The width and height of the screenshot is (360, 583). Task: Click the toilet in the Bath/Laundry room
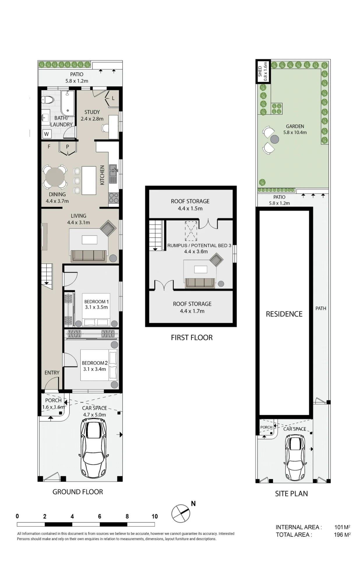point(48,100)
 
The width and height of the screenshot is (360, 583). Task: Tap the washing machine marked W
point(46,134)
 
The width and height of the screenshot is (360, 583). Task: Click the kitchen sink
point(113,174)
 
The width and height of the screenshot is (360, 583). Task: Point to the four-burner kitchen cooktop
point(114,198)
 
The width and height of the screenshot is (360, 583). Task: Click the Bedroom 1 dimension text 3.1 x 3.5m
point(96,307)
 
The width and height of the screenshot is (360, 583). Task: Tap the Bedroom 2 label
point(95,363)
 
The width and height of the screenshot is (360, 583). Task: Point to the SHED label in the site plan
point(260,71)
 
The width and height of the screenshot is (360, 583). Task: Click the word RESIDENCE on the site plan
point(284,314)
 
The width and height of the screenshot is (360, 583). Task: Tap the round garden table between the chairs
point(274,139)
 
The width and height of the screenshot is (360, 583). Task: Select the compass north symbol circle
point(181,513)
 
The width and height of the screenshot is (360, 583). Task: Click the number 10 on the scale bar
point(155,516)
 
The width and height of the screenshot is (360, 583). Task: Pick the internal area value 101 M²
point(342,527)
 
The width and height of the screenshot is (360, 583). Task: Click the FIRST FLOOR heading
point(192,338)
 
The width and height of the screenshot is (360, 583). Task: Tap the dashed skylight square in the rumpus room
point(191,231)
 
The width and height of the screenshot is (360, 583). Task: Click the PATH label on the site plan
point(321,308)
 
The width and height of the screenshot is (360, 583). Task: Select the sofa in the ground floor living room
point(89,256)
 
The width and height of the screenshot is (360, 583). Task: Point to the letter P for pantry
point(68,147)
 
